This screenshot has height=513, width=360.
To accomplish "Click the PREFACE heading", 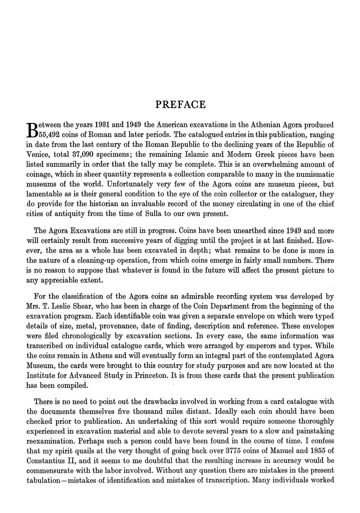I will [x=180, y=105].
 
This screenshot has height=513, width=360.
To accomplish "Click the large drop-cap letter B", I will [x=31, y=128].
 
